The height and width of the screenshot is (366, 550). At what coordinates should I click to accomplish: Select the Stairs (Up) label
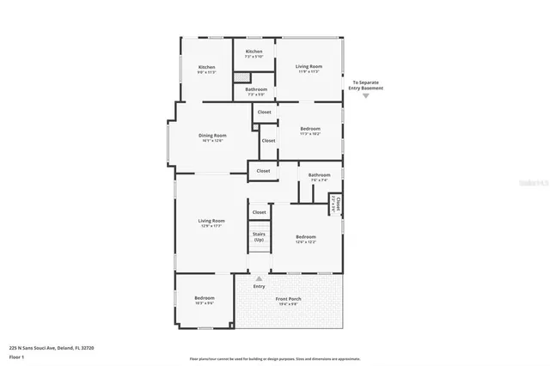pyautogui.click(x=259, y=236)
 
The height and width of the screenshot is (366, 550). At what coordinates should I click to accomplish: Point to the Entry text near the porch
pyautogui.click(x=260, y=286)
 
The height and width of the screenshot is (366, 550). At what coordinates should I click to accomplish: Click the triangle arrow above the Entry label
pyautogui.click(x=260, y=279)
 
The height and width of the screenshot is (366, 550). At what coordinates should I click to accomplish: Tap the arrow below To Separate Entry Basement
pyautogui.click(x=366, y=95)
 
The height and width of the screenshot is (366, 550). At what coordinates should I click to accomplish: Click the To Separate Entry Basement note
pyautogui.click(x=366, y=86)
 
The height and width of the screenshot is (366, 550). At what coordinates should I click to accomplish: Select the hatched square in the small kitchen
pyautogui.click(x=241, y=77)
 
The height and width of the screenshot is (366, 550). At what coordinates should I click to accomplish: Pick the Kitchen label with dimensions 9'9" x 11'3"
pyautogui.click(x=207, y=70)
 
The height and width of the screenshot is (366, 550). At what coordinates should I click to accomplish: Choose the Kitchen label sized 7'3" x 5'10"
pyautogui.click(x=254, y=54)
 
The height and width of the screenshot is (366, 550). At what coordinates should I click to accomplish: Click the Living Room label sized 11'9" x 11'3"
pyautogui.click(x=309, y=69)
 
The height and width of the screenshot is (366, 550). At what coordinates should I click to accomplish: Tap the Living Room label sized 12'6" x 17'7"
pyautogui.click(x=211, y=223)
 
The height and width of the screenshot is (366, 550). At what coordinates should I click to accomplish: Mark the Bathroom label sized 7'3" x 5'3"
pyautogui.click(x=256, y=91)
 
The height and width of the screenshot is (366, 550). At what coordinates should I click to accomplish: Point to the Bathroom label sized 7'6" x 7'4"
pyautogui.click(x=320, y=177)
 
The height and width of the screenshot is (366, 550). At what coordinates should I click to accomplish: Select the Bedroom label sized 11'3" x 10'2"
pyautogui.click(x=310, y=131)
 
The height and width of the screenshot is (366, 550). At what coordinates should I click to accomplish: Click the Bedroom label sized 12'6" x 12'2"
pyautogui.click(x=306, y=239)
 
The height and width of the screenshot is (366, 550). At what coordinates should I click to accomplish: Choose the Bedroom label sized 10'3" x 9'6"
pyautogui.click(x=204, y=300)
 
